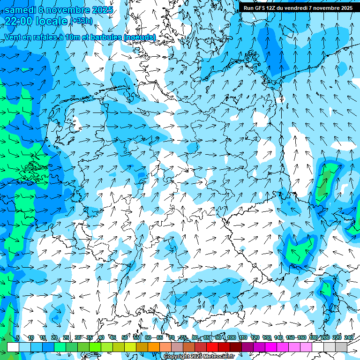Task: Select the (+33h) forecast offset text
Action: tap(81, 21)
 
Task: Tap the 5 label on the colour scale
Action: tap(18, 337)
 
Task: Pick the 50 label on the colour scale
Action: tap(125, 337)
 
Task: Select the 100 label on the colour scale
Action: tap(231, 337)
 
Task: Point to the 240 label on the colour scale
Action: tap(349, 337)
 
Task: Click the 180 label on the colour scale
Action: tap(314, 337)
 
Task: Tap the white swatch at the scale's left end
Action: tap(13, 347)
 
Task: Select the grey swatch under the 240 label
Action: tap(341, 347)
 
